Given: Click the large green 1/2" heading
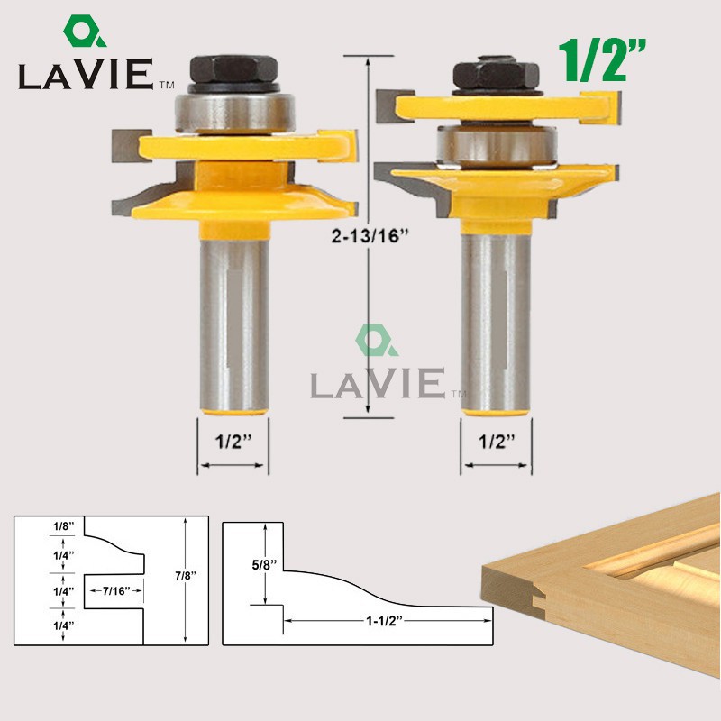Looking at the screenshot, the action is (x=602, y=60).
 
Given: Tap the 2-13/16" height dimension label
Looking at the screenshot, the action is (x=370, y=236).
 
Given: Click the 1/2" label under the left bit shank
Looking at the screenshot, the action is (x=233, y=442).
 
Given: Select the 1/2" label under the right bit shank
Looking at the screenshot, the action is (x=497, y=442).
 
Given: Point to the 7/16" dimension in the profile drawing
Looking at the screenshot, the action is (x=116, y=591).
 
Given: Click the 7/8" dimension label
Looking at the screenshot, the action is (x=186, y=575).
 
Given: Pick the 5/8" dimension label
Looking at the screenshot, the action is (x=264, y=565).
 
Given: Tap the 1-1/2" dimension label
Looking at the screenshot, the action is (x=384, y=621).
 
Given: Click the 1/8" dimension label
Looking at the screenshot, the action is (x=63, y=526).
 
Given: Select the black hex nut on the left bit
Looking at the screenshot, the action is (x=234, y=69).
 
